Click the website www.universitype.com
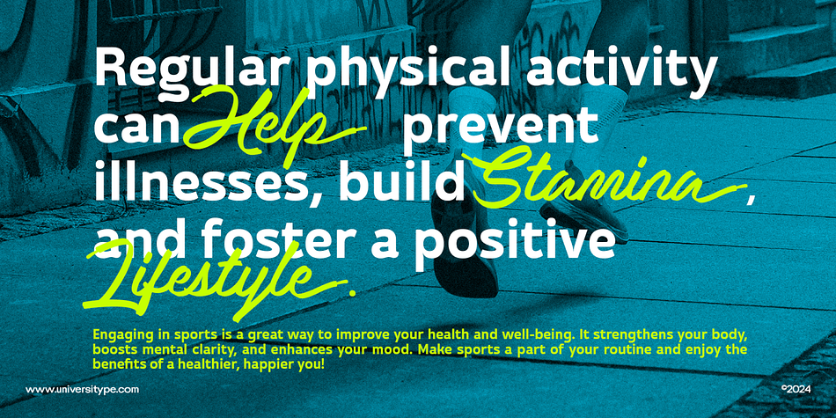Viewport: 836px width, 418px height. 82,390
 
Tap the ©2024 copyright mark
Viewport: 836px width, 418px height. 796,389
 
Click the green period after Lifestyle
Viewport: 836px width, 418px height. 351,292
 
